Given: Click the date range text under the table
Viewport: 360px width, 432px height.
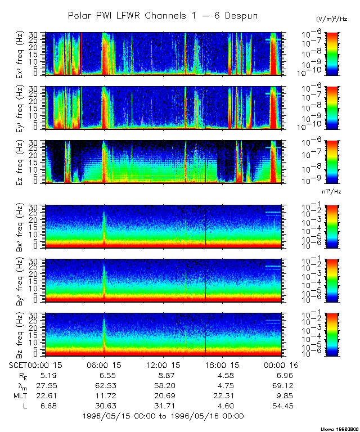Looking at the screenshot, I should [x=163, y=416].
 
